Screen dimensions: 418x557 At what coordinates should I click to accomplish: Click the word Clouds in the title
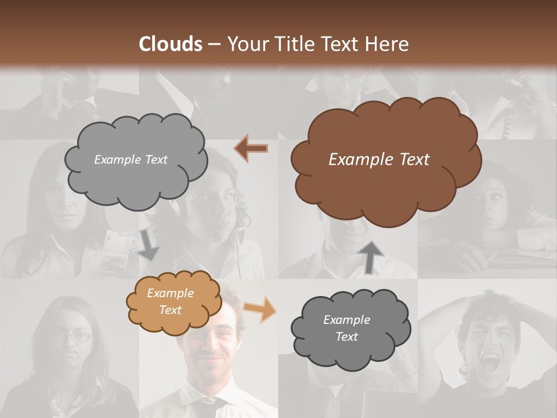pyautogui.click(x=171, y=44)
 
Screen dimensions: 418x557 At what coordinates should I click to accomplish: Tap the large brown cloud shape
pyautogui.click(x=385, y=192)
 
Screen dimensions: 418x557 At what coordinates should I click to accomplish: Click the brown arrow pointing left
pyautogui.click(x=251, y=149)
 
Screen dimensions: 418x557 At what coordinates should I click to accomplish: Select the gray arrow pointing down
pyautogui.click(x=148, y=245)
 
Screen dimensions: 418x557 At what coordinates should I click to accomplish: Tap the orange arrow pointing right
pyautogui.click(x=259, y=309)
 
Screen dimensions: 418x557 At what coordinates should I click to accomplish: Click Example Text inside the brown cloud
pyautogui.click(x=379, y=160)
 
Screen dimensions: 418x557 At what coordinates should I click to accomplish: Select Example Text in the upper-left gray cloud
pyautogui.click(x=131, y=160)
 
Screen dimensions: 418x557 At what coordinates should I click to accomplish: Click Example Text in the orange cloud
pyautogui.click(x=170, y=302)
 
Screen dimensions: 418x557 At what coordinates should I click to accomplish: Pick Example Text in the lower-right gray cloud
pyautogui.click(x=346, y=329)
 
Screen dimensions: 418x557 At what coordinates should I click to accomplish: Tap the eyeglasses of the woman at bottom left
pyautogui.click(x=71, y=336)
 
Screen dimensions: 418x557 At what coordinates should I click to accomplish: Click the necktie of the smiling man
pyautogui.click(x=216, y=406)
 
